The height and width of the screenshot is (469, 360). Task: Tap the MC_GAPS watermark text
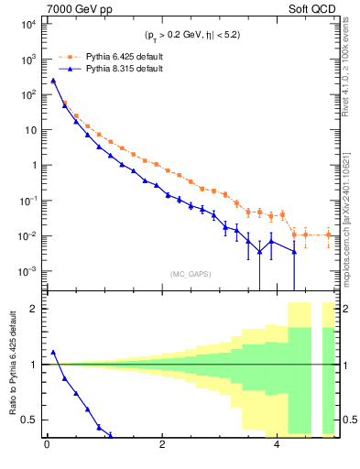coord(190,274)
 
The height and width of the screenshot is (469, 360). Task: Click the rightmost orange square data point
coord(329,235)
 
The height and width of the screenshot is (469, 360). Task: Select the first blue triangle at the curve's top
coord(53,81)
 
